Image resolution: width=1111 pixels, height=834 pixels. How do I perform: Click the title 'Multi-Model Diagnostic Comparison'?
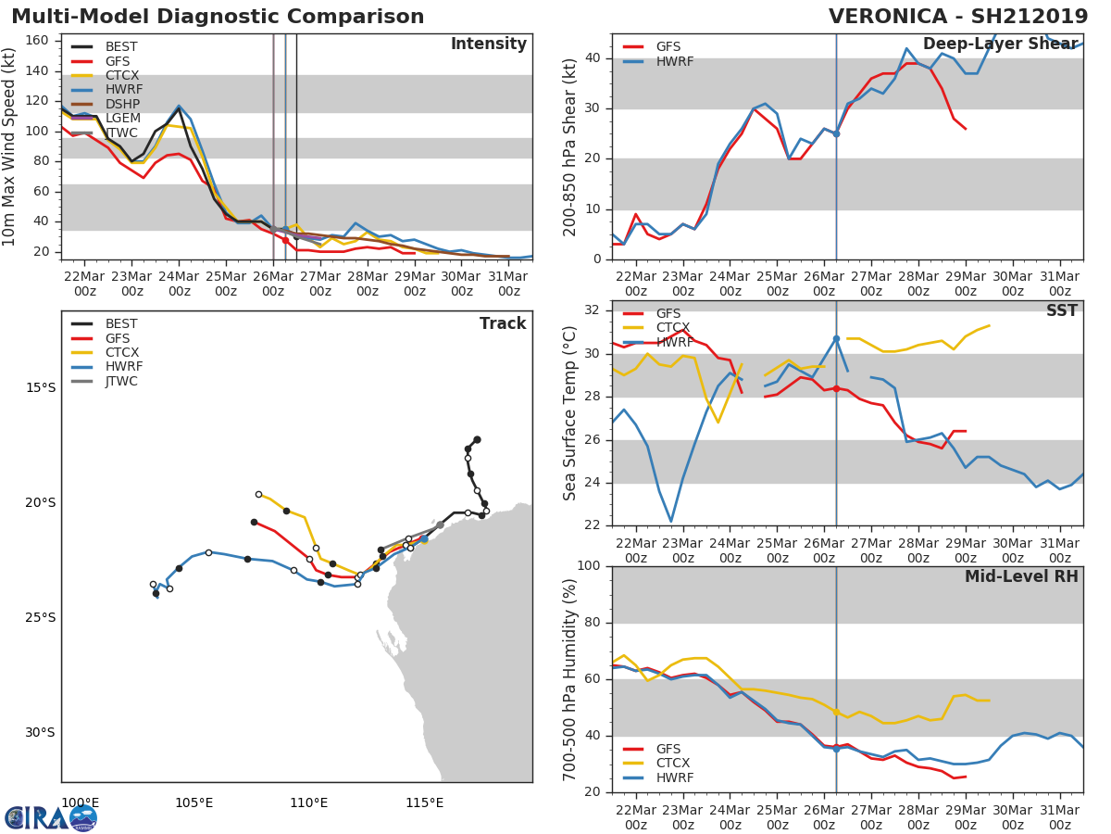click(x=218, y=17)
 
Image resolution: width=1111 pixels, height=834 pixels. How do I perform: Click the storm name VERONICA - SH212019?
click(x=958, y=17)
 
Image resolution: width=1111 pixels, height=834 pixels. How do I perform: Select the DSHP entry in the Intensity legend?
click(x=122, y=104)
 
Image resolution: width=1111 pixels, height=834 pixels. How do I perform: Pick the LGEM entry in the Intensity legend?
click(x=122, y=118)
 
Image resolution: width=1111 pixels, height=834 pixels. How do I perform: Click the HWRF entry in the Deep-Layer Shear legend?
click(x=674, y=62)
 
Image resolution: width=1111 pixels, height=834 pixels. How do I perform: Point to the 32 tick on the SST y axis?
click(x=593, y=310)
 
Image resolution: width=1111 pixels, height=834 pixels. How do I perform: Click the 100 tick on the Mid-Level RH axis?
click(x=589, y=566)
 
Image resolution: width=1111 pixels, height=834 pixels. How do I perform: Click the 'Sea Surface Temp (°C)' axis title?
click(x=570, y=412)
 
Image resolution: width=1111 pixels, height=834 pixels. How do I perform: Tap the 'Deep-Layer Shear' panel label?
click(x=1000, y=44)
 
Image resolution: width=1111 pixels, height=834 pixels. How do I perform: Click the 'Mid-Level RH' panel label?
click(x=1020, y=576)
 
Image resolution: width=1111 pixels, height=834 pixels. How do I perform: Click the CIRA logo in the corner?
click(x=51, y=817)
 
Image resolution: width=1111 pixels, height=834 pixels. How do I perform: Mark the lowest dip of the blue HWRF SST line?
click(x=670, y=521)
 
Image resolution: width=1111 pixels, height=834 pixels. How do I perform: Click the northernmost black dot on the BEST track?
click(x=477, y=439)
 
